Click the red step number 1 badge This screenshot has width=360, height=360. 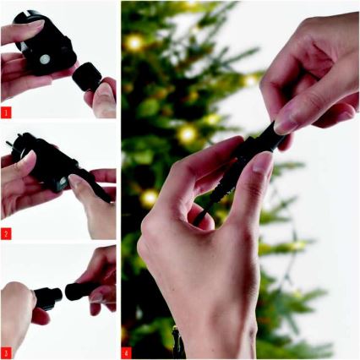7,112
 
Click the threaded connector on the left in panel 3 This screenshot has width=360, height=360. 46,297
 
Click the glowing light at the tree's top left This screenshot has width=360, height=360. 133,42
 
